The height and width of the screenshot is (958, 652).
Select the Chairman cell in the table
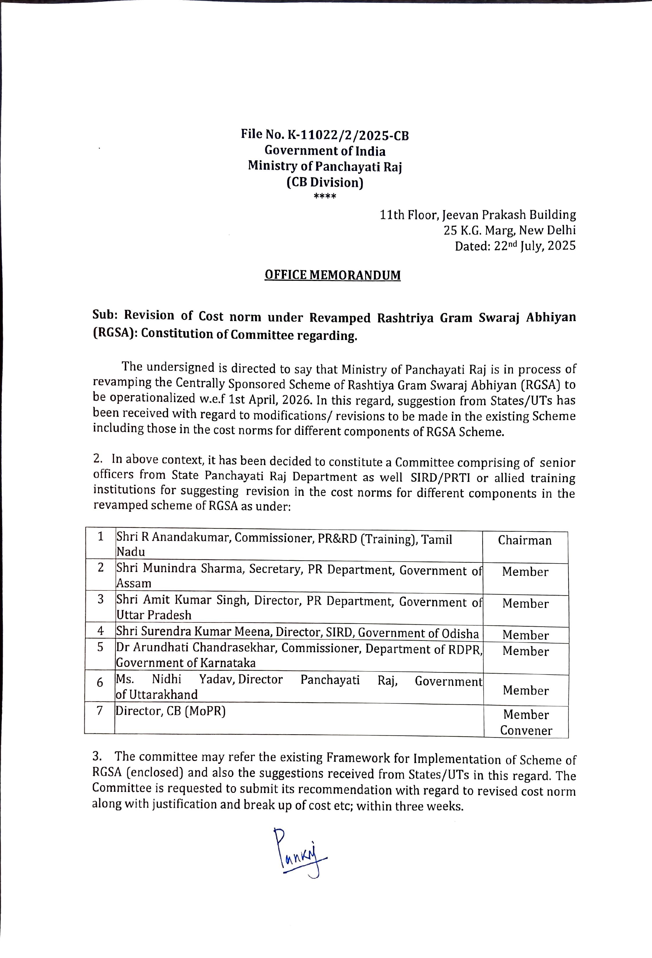[524, 541]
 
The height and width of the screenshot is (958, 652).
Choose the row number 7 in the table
[99, 711]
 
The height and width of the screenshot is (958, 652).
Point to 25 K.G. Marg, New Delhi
[509, 231]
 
